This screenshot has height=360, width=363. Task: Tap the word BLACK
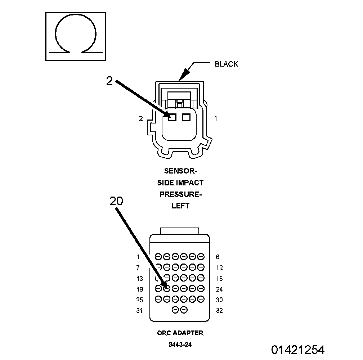(227, 64)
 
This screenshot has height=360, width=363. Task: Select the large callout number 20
(116, 201)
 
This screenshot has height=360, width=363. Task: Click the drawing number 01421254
(298, 350)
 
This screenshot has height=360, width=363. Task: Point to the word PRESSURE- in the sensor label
(180, 194)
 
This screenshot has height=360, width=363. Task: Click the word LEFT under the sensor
(180, 206)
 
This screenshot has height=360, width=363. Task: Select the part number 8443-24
(180, 345)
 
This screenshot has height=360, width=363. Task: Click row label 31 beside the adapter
(140, 311)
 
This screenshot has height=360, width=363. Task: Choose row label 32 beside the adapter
(219, 311)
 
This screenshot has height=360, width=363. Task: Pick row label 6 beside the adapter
(218, 257)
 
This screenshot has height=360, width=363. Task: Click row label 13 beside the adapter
(140, 279)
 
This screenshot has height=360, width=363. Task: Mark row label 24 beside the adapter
(219, 289)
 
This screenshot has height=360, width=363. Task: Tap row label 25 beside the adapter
(140, 300)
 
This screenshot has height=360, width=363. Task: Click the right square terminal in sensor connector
(186, 117)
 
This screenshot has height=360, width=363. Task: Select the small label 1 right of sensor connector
(215, 118)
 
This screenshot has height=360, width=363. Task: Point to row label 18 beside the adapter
(219, 279)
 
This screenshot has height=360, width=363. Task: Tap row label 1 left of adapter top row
(138, 257)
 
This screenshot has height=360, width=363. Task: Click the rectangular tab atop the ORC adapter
(180, 231)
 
